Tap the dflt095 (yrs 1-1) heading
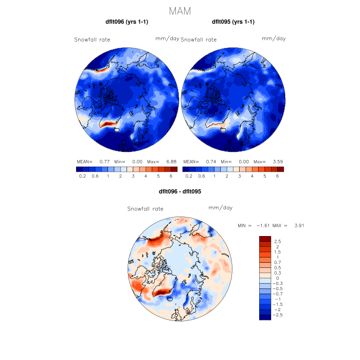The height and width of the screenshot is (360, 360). [233, 22]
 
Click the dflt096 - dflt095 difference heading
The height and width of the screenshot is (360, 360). [180, 191]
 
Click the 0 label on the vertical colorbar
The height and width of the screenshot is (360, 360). [278, 278]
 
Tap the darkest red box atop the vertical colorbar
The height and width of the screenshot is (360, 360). [265, 238]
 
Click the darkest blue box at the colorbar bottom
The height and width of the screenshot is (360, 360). [265, 317]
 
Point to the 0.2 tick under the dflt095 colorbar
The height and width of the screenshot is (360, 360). [189, 176]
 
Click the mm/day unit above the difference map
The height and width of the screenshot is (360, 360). [221, 208]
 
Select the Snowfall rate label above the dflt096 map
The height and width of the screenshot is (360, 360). [92, 40]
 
